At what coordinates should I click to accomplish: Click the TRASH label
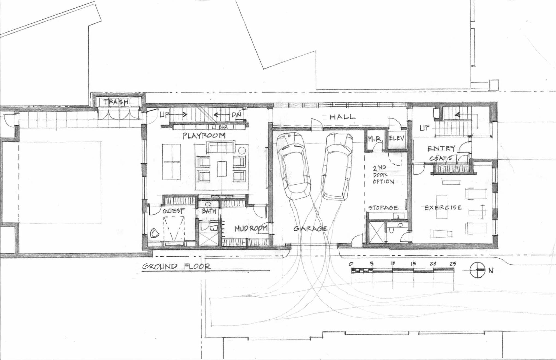click(116, 102)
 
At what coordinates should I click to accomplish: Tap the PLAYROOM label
click(204, 136)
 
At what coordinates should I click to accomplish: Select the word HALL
click(343, 117)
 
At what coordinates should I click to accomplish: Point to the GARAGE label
click(310, 229)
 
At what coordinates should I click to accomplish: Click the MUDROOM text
click(251, 229)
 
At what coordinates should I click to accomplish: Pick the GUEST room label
click(174, 211)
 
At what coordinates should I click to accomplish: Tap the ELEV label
click(397, 138)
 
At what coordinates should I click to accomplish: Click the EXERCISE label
click(443, 208)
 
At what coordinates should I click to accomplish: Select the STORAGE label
click(383, 208)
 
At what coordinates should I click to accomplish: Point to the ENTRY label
click(441, 149)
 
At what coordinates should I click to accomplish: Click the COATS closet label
click(441, 158)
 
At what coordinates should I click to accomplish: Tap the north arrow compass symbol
click(478, 270)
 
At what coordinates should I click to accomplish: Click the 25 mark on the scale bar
click(453, 264)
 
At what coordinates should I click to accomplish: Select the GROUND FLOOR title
click(176, 266)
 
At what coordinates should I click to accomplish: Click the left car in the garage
click(294, 166)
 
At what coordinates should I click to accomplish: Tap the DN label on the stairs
click(237, 115)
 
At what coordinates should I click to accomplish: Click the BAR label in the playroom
click(223, 127)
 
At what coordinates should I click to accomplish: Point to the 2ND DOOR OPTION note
click(383, 175)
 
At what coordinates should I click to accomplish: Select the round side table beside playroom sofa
click(242, 150)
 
